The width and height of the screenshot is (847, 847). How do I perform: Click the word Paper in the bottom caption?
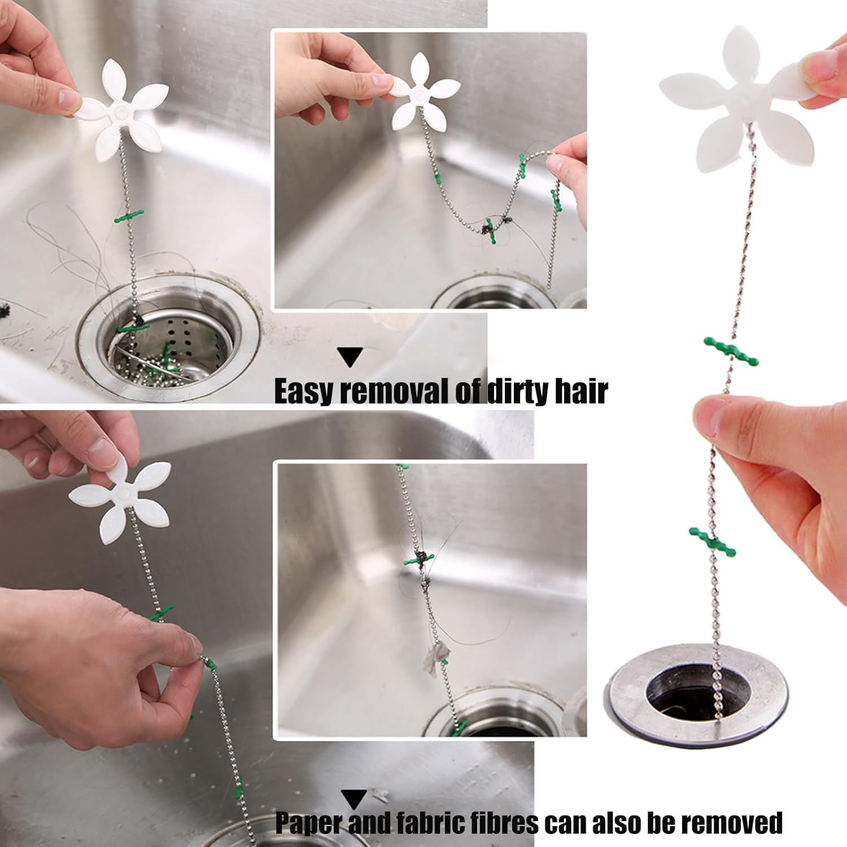(x=309, y=823)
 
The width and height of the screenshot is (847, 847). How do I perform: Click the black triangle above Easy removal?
(x=350, y=357)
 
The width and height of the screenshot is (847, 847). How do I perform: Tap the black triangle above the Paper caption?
(x=354, y=799)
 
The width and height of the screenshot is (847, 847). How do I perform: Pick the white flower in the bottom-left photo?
(x=121, y=497)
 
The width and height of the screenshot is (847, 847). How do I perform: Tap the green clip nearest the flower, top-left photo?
(x=129, y=216)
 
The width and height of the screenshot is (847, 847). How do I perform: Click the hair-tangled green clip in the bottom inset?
(x=419, y=560)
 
